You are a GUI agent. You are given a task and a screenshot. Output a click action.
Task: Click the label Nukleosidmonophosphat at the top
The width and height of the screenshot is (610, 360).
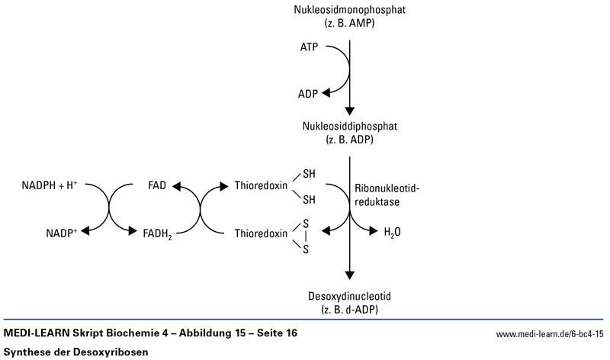click(x=350, y=10)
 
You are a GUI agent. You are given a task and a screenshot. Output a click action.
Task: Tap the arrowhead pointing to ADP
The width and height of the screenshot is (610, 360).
click(x=326, y=93)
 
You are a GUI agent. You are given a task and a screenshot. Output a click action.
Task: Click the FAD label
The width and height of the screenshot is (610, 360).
click(x=160, y=186)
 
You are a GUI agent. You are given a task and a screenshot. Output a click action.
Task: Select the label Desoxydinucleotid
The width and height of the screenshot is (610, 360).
click(x=350, y=295)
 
